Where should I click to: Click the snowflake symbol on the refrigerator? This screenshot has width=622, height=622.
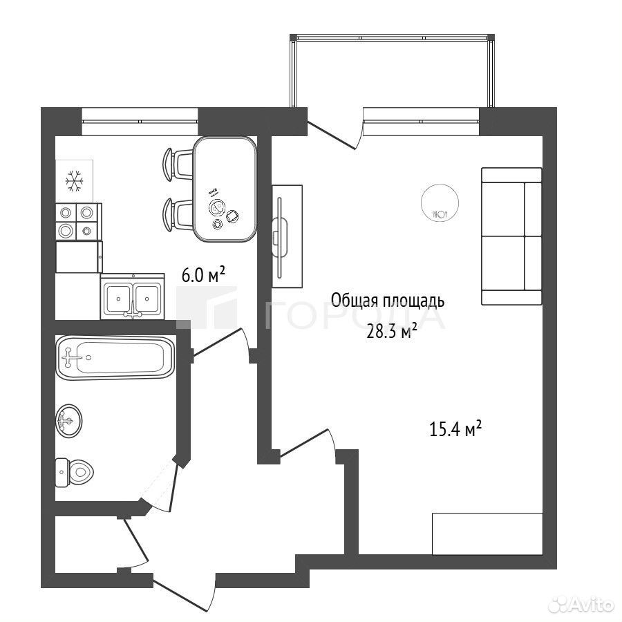[75, 181]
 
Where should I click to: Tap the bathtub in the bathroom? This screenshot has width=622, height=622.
[115, 357]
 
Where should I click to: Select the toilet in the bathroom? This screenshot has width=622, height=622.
[74, 472]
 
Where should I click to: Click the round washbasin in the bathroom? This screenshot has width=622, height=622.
[69, 421]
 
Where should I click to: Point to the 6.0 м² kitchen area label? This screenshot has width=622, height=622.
[203, 274]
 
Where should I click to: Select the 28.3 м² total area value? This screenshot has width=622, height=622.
[392, 332]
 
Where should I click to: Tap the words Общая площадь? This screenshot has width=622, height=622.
[388, 301]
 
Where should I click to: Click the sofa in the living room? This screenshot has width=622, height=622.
[511, 236]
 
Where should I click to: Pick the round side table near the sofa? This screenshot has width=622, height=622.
[440, 202]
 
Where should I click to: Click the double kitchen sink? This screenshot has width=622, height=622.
[132, 296]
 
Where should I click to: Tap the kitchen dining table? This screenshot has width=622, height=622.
[225, 189]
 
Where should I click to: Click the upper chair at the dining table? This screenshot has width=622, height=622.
[178, 164]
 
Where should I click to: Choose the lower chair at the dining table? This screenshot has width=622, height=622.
[178, 215]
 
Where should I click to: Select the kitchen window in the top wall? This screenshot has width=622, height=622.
[140, 121]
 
